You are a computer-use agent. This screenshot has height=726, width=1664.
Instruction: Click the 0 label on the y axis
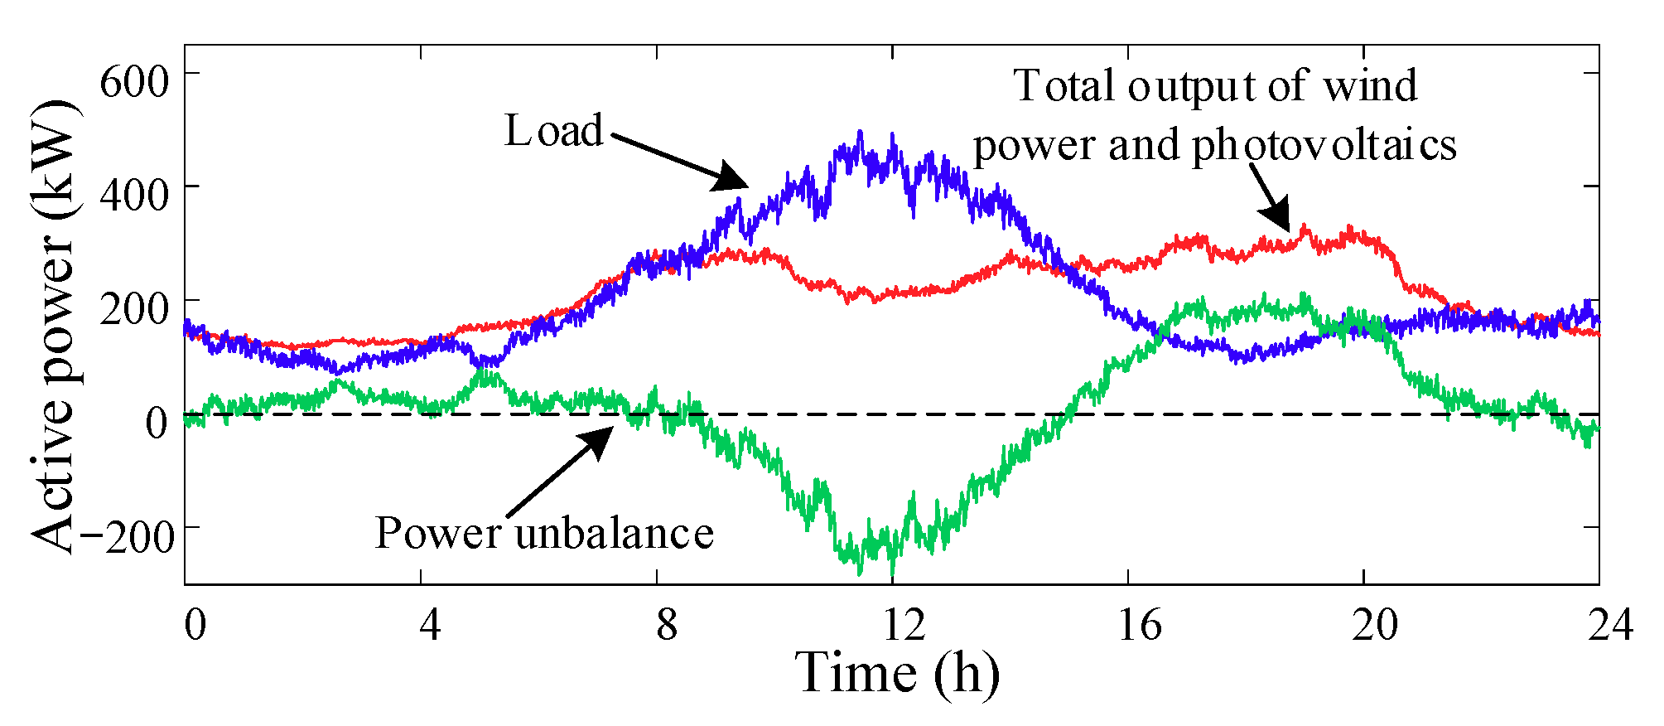[x=157, y=423]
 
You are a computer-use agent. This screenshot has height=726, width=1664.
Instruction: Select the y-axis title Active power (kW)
[x=54, y=327]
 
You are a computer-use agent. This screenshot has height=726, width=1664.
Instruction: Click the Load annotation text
[x=554, y=131]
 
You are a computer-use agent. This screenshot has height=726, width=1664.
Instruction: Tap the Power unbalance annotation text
[x=544, y=532]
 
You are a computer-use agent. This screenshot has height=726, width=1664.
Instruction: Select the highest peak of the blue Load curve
[x=860, y=131]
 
